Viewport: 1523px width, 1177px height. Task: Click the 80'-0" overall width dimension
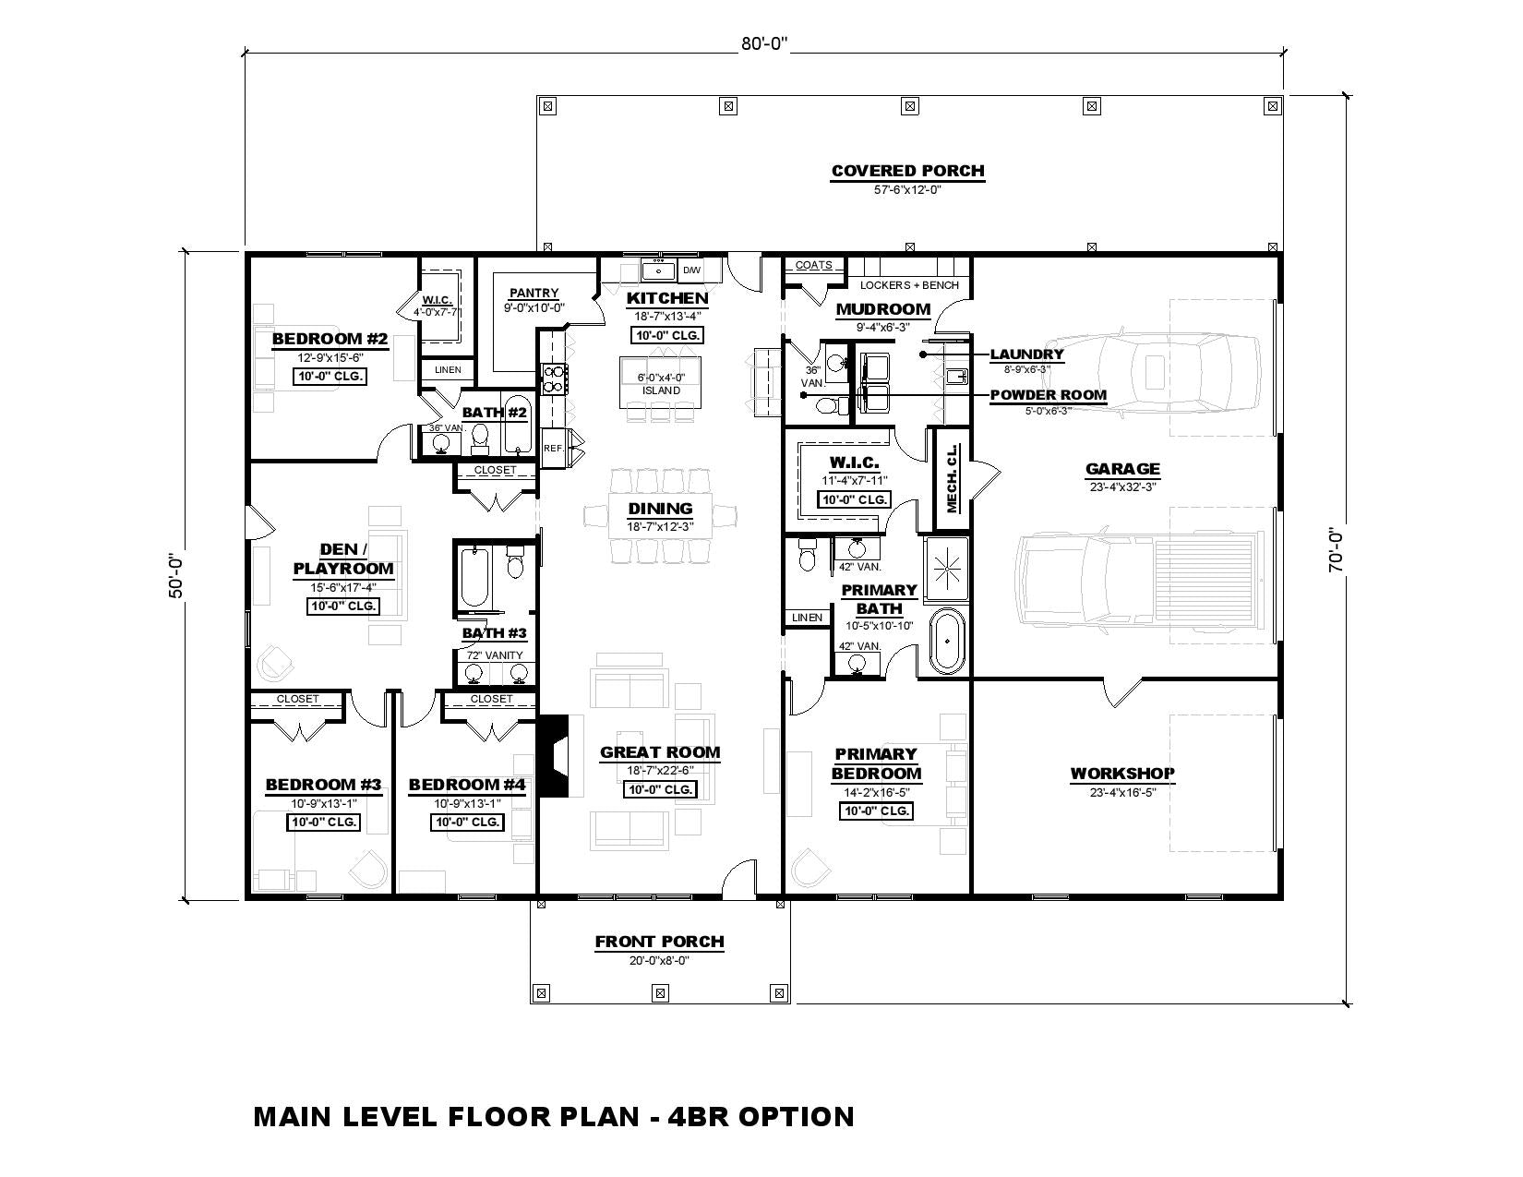click(764, 43)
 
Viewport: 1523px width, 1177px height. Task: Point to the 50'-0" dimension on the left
click(175, 576)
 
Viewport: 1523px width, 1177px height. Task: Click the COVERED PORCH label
click(907, 171)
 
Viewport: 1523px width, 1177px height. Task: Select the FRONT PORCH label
click(660, 942)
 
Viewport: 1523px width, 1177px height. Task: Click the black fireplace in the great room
click(553, 755)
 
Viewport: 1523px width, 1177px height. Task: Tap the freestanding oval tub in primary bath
click(947, 642)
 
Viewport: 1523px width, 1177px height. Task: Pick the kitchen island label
click(661, 390)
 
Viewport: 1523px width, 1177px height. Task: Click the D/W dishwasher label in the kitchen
click(691, 270)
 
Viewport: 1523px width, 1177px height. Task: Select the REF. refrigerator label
click(554, 448)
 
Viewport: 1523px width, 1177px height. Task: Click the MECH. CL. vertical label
click(952, 479)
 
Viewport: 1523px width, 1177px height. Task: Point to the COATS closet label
click(814, 265)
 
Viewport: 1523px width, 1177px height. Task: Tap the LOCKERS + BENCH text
click(910, 285)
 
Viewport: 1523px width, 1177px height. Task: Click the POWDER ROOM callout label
click(1048, 395)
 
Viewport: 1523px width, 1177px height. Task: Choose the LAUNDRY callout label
click(1026, 354)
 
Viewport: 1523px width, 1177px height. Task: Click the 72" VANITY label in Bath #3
click(495, 655)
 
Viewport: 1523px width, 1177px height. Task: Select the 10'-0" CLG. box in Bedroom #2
click(330, 377)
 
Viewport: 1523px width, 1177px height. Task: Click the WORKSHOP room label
click(1122, 774)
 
